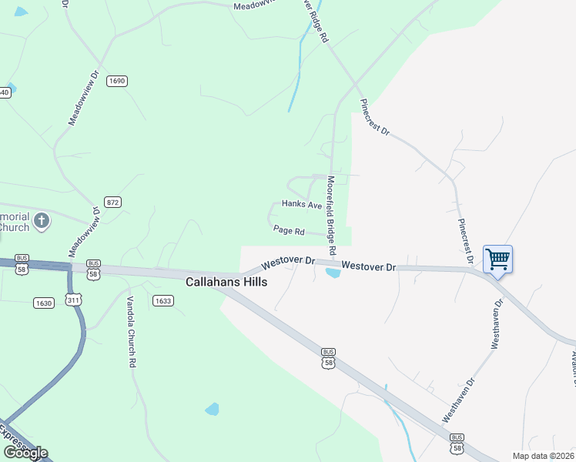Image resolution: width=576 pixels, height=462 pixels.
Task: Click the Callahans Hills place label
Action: pos(226,283)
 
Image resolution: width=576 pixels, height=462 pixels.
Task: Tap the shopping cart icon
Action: pos(498,259)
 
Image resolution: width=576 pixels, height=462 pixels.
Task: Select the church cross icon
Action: pos(42,222)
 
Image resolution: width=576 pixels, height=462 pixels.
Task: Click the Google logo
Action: pos(25,453)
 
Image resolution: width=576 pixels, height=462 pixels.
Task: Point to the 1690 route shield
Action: pos(117,81)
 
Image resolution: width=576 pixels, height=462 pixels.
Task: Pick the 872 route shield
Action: pos(113,203)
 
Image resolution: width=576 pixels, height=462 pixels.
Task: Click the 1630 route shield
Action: pos(44,303)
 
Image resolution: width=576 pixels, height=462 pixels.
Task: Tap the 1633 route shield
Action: pos(162,301)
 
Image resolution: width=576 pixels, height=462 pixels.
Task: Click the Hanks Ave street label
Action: pos(301,205)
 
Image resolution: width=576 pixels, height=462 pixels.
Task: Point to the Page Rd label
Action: pos(289,230)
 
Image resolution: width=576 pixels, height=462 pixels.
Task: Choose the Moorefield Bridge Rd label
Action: pos(332,216)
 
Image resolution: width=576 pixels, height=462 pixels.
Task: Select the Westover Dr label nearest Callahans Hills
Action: pos(288,263)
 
